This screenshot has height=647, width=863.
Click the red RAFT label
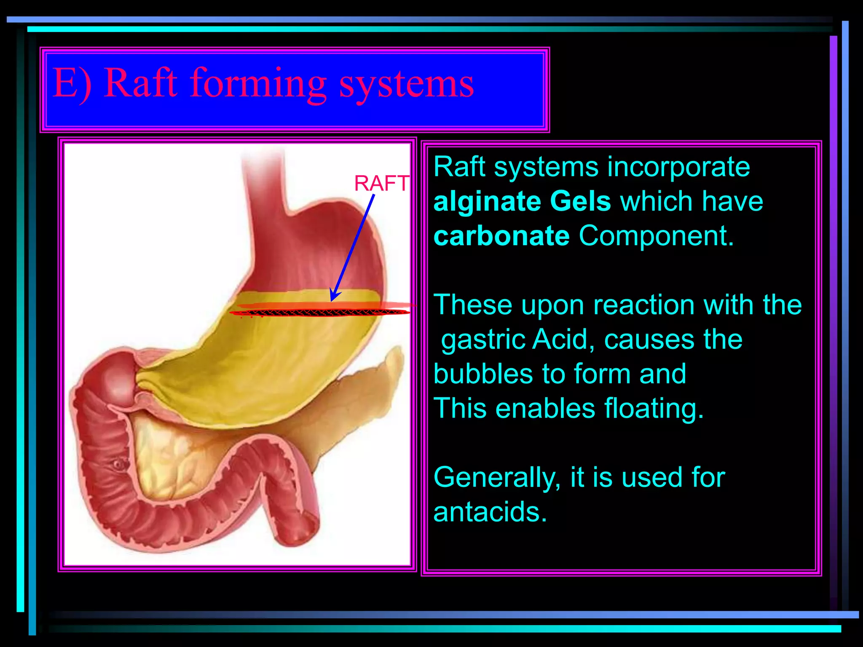click(381, 184)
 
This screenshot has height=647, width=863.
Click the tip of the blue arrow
click(332, 300)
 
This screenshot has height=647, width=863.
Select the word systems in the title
click(406, 84)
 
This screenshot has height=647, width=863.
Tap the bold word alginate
click(486, 202)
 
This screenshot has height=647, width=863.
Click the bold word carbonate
click(501, 236)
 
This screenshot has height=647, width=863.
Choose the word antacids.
click(490, 512)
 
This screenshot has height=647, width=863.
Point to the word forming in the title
click(258, 84)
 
